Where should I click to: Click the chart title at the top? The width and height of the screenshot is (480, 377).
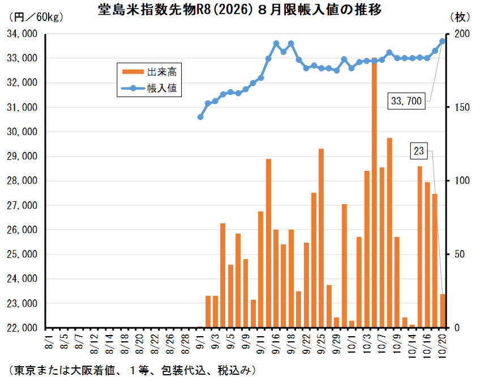[240, 11]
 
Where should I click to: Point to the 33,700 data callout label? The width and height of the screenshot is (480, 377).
[406, 101]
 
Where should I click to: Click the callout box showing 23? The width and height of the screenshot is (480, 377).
[419, 151]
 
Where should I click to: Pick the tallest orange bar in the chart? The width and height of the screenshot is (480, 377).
[374, 193]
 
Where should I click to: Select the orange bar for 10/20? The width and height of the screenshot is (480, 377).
[443, 311]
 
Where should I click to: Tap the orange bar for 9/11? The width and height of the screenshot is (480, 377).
[260, 269]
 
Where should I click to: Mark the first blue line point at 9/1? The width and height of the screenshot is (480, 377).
[200, 117]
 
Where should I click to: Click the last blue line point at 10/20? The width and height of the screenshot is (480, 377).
[443, 41]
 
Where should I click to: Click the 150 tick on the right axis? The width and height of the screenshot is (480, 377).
[462, 108]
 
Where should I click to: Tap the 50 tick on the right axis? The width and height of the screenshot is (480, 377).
[460, 255]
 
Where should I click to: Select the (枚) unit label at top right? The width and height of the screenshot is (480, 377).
[460, 16]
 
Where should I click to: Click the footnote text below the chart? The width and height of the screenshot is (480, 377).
[130, 370]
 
